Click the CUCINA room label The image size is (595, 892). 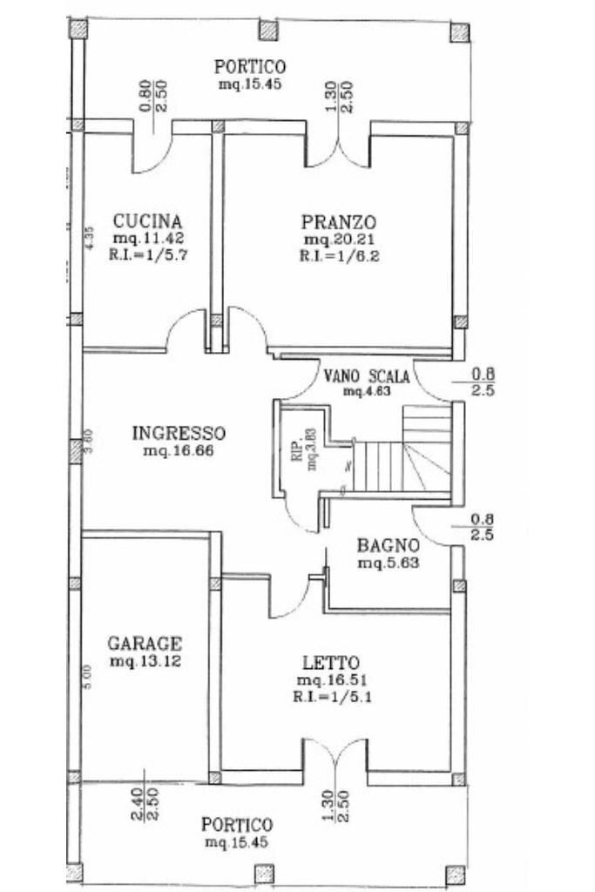147,220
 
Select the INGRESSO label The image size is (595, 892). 179,433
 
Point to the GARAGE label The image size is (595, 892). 145,644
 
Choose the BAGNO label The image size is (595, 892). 389,545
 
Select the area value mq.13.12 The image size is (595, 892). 145,662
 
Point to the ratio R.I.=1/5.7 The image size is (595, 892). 147,256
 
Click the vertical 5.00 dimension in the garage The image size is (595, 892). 87,678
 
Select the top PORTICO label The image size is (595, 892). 250,66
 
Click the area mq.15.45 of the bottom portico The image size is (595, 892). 237,842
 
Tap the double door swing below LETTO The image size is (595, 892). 336,756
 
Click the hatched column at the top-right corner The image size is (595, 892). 459,32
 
